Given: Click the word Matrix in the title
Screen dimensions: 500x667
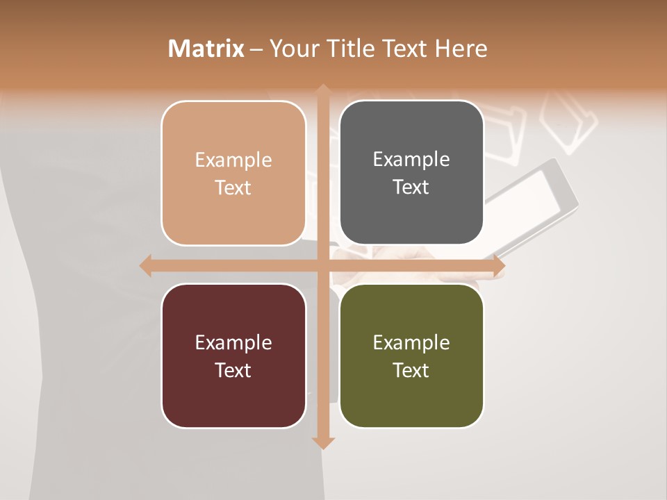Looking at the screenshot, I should click(x=206, y=49).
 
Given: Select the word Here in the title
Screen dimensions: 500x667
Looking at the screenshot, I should click(x=461, y=49).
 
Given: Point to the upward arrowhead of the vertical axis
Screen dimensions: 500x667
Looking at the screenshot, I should click(x=323, y=90).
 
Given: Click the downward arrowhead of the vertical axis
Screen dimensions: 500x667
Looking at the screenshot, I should click(x=323, y=442).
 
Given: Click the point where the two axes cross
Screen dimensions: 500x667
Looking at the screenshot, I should click(x=323, y=265).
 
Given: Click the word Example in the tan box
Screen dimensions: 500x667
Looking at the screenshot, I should click(x=233, y=160).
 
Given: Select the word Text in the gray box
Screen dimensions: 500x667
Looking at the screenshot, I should click(x=411, y=187).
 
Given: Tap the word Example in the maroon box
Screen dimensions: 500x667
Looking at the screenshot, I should click(x=233, y=343).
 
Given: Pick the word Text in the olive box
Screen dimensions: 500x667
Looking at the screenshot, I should click(x=411, y=370).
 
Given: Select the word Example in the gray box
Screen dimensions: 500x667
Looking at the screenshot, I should click(x=411, y=160).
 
